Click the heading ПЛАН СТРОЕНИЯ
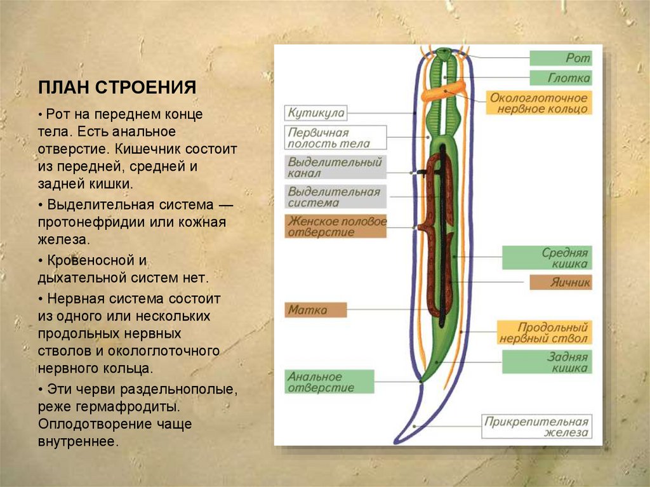pyautogui.click(x=117, y=87)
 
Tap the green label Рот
pyautogui.click(x=560, y=58)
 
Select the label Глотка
pyautogui.click(x=560, y=78)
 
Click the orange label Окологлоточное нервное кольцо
pyautogui.click(x=540, y=103)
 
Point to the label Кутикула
pyautogui.click(x=316, y=113)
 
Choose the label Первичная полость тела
pyautogui.click(x=336, y=138)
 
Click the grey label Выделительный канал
pyautogui.click(x=336, y=167)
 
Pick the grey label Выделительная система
pyautogui.click(x=336, y=197)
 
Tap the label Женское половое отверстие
pyautogui.click(x=336, y=227)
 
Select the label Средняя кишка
pyautogui.click(x=547, y=257)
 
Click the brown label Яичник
pyautogui.click(x=560, y=283)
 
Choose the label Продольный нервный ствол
pyautogui.click(x=543, y=333)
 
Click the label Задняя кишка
pyautogui.click(x=547, y=361)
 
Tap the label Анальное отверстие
pyautogui.click(x=329, y=382)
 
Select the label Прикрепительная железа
pyautogui.click(x=537, y=427)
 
